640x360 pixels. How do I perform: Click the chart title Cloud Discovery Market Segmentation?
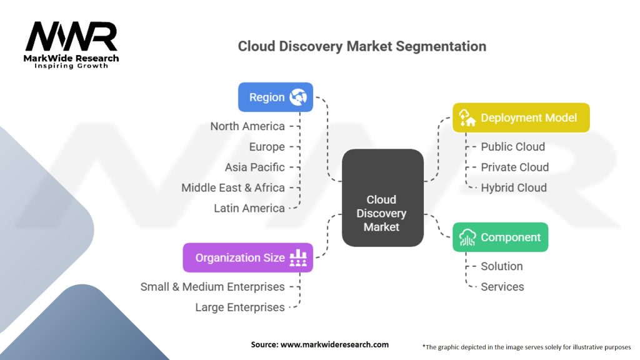[362, 46]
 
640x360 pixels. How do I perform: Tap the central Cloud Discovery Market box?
[382, 197]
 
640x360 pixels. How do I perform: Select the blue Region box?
[275, 97]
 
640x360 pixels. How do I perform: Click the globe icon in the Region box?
[298, 97]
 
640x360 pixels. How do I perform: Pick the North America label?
[247, 126]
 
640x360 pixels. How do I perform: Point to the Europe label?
[267, 147]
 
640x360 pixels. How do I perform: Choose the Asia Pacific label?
[255, 167]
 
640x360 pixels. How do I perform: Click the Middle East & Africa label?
[233, 187]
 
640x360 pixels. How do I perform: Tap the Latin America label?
[249, 208]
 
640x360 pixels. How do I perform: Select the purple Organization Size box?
[247, 257]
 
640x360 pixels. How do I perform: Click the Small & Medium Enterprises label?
[212, 287]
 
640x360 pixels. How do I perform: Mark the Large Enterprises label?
[240, 307]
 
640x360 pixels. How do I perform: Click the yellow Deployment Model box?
[521, 117]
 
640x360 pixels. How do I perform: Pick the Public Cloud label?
[512, 147]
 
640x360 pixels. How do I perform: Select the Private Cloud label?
[514, 167]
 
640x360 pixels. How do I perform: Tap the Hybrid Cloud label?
[513, 187]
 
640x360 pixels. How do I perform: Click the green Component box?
[500, 237]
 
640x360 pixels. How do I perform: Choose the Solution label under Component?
[501, 266]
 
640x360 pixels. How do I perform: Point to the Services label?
[502, 287]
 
